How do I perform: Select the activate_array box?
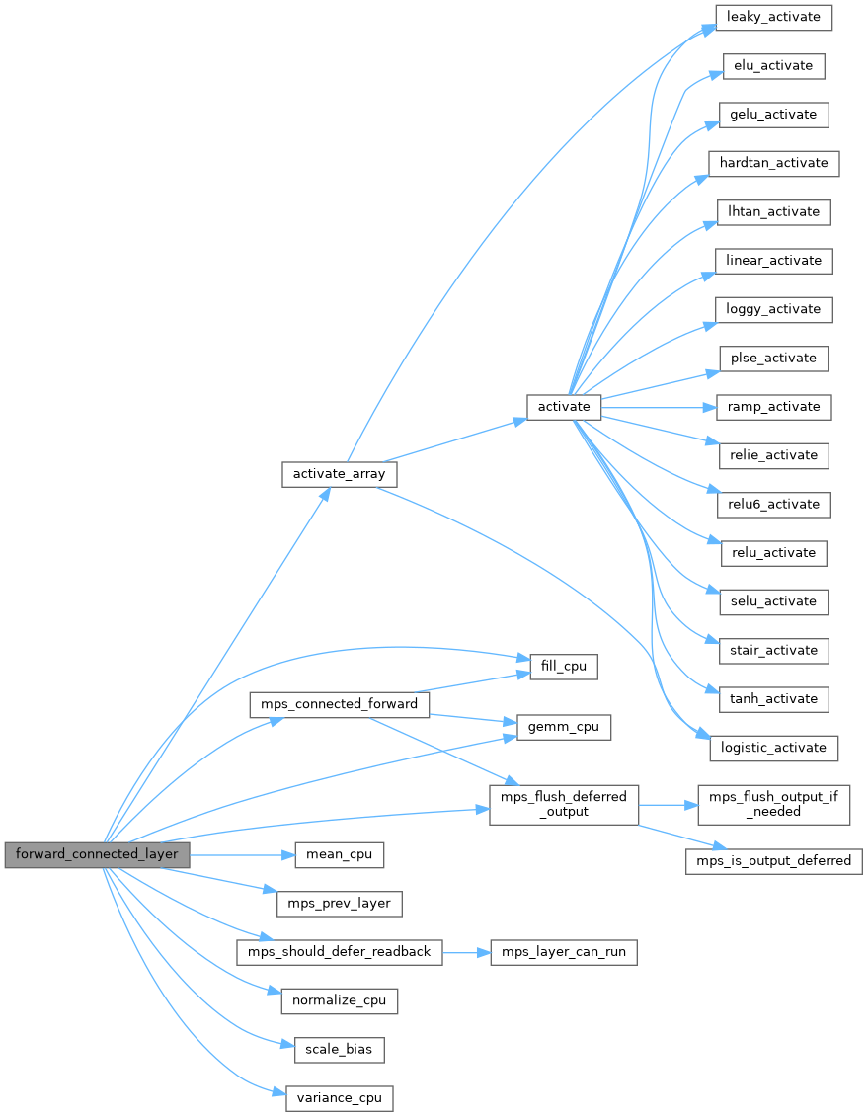(339, 474)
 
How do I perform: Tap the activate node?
(563, 407)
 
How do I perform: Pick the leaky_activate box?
(773, 17)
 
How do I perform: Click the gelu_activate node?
(773, 115)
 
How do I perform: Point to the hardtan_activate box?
(773, 163)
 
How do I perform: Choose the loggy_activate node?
(773, 309)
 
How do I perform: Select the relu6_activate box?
(773, 504)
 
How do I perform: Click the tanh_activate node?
(773, 699)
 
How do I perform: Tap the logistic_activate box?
(773, 748)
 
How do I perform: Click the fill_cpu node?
(564, 667)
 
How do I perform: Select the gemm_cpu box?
(564, 727)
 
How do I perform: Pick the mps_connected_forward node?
(340, 705)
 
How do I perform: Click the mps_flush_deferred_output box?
(564, 804)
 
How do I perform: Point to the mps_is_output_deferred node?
(773, 861)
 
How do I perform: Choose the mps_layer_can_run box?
(564, 952)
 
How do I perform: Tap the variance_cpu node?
(339, 1097)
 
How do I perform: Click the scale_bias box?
(339, 1049)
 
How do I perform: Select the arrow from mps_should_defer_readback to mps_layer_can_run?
(466, 952)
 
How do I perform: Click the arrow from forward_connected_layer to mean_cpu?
(242, 854)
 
